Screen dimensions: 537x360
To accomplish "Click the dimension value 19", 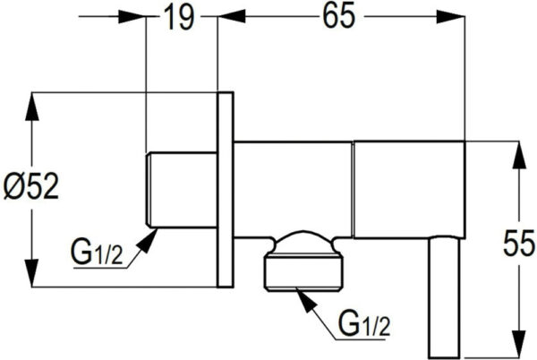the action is click(x=180, y=17).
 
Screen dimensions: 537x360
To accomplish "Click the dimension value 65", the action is click(x=338, y=16).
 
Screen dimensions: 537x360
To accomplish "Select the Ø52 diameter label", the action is click(x=31, y=186).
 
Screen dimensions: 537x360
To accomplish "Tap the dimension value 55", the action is click(x=519, y=244).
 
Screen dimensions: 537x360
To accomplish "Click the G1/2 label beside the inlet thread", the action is click(x=97, y=253).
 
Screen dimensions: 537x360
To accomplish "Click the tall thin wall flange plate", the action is click(x=226, y=190).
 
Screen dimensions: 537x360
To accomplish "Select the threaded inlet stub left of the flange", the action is click(x=182, y=190).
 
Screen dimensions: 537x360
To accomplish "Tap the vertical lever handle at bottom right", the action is click(x=444, y=296).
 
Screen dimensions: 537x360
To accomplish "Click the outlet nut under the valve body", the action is click(x=303, y=272).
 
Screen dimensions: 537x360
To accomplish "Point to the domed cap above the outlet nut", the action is click(x=303, y=243).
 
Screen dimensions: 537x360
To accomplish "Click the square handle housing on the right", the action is click(x=409, y=189).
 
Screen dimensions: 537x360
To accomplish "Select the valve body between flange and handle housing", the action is click(x=294, y=189).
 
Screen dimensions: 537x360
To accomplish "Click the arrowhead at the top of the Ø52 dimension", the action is click(x=32, y=107).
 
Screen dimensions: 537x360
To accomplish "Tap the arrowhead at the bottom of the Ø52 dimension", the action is click(x=32, y=272).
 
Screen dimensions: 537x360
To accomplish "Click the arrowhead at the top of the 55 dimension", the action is click(x=519, y=155).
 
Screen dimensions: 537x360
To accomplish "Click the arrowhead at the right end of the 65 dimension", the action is click(x=450, y=17).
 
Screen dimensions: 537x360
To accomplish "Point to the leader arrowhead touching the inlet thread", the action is click(x=147, y=241).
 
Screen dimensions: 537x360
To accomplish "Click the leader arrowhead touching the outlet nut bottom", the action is click(x=307, y=301).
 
